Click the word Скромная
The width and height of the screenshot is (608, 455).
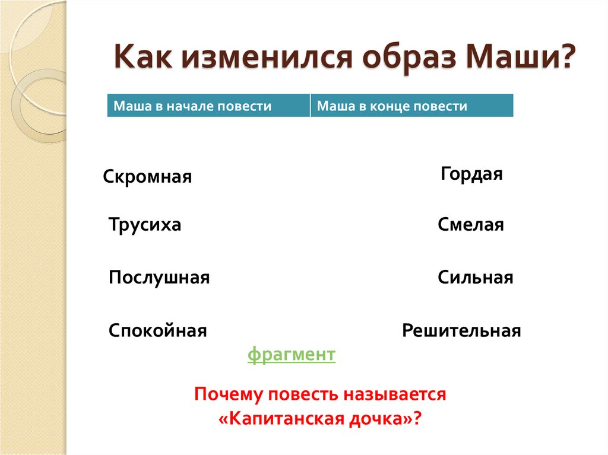pos(147,177)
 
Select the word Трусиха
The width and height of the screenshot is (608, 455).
pos(145,225)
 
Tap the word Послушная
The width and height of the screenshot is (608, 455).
pos(159,278)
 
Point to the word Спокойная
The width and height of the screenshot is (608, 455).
pos(157,330)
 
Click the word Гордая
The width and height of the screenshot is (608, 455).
pos(472,174)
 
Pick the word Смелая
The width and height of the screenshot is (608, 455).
pos(471,225)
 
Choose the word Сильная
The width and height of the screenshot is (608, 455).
pos(475,278)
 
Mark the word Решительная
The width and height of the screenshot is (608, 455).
pos(461,330)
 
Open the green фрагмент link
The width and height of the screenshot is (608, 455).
pos(292,355)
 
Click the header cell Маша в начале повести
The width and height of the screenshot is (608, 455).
pos(208,106)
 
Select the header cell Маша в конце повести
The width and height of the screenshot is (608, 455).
pos(411,106)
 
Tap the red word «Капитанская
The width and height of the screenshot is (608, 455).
pos(281,418)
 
